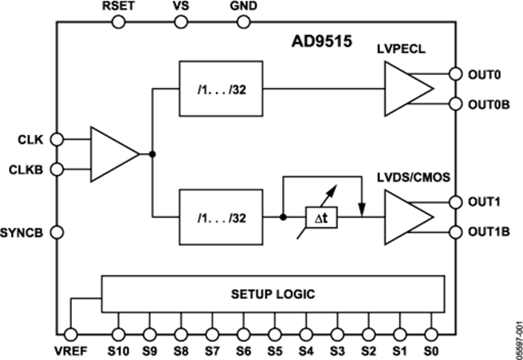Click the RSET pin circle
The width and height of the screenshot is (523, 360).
tap(119, 22)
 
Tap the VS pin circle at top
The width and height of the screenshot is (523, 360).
tap(182, 22)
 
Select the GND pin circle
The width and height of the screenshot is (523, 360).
tap(243, 22)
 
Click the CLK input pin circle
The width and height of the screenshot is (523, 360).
tap(56, 139)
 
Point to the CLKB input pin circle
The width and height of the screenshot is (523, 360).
tap(56, 169)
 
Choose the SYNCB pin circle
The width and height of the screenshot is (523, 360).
tap(56, 232)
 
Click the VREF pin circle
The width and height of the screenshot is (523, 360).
tap(71, 334)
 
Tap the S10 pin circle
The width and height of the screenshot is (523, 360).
tap(119, 334)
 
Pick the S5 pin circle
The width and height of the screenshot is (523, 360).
tap(275, 334)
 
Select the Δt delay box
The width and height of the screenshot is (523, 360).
tap(321, 217)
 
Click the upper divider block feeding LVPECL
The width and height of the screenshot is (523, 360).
tap(221, 89)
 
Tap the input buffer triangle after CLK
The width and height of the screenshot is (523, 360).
tap(113, 154)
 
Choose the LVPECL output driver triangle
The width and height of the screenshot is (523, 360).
tap(407, 89)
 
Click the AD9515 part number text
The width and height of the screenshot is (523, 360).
tap(321, 42)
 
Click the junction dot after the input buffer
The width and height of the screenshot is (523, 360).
tap(152, 154)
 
